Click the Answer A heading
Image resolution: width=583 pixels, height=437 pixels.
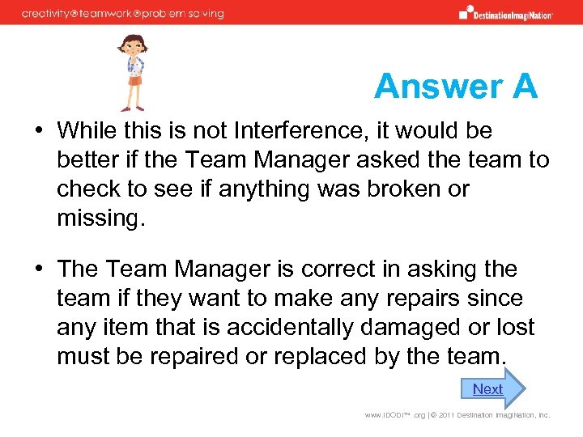click(456, 87)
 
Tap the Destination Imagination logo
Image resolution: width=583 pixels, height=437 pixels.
click(506, 13)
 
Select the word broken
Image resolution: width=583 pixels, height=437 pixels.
click(387, 189)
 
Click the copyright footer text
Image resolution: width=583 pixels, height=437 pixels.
click(457, 415)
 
